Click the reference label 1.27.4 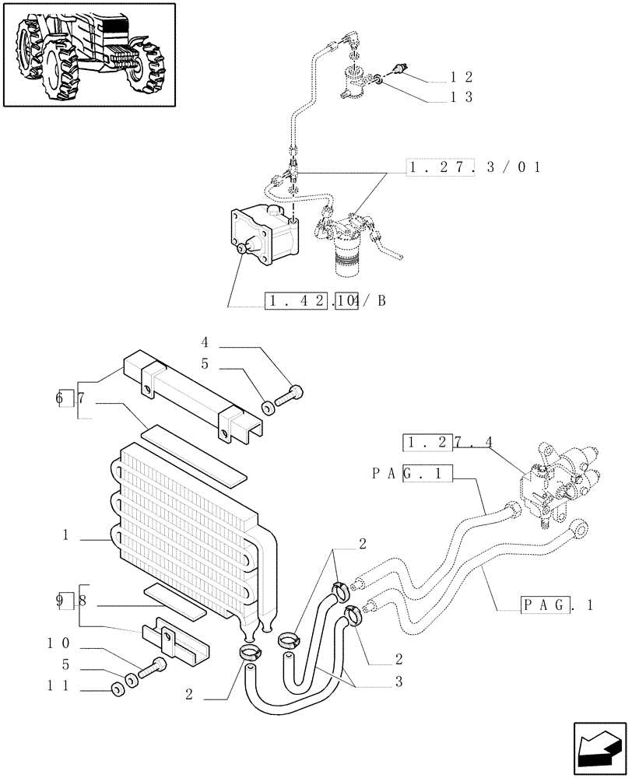[448, 443]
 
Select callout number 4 [205, 342]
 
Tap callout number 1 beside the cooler [68, 535]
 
